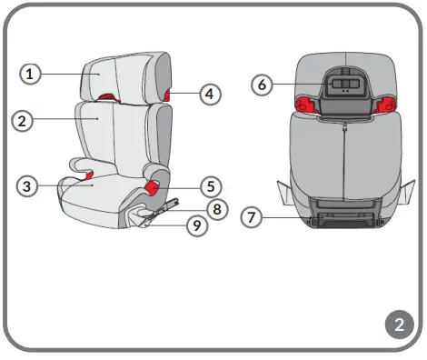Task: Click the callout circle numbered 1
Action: (x=31, y=74)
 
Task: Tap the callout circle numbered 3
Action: (x=28, y=185)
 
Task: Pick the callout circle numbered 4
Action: (x=210, y=93)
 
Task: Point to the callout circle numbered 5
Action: (x=210, y=186)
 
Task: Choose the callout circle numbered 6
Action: (x=262, y=85)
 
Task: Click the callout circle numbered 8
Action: (x=216, y=209)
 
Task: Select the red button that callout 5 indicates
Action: (x=151, y=186)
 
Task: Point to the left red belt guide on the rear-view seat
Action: (x=308, y=107)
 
